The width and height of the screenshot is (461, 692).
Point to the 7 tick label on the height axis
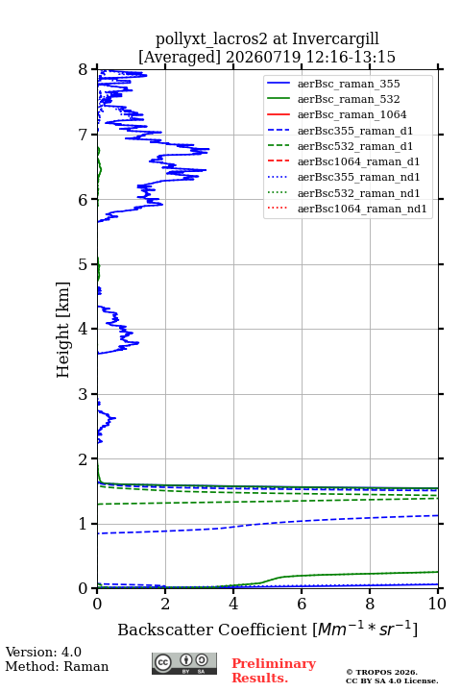(x=83, y=135)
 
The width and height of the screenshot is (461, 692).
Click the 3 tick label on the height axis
(x=83, y=394)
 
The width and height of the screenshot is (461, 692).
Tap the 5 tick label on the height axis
(x=83, y=264)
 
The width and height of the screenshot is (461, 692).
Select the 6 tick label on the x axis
(x=302, y=604)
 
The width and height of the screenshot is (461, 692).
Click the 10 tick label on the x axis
(x=438, y=604)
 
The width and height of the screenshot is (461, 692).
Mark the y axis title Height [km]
(x=63, y=330)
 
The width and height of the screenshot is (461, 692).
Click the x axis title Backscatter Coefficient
(x=211, y=630)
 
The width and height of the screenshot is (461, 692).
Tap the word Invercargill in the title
(x=336, y=38)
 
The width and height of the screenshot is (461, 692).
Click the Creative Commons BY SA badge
(x=184, y=663)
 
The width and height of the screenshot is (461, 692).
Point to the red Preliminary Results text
(x=274, y=671)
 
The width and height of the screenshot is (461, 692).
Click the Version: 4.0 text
(x=43, y=652)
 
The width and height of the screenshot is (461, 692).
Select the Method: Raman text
(x=57, y=666)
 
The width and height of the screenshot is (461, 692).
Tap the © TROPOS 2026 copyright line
(x=382, y=672)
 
